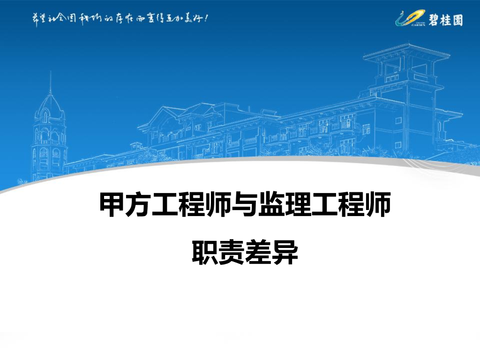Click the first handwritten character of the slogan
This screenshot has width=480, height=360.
(x=34, y=19)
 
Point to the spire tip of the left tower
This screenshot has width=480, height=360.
(x=50, y=74)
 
